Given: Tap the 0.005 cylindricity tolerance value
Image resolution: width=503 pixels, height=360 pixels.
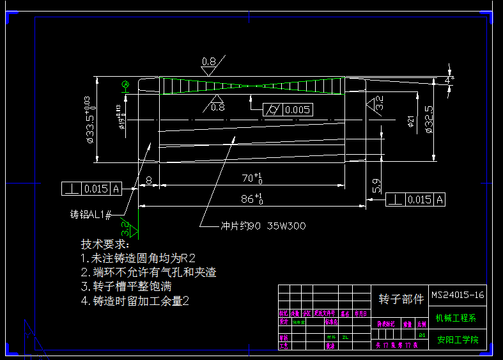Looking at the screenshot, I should coord(298,110).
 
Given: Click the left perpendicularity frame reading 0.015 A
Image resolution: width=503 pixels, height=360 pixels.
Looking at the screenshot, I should coord(92,189).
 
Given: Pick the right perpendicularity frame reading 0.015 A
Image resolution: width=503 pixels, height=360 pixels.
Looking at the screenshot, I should coord(415,200).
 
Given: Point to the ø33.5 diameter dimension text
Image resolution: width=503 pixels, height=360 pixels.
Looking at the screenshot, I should coord(89,118).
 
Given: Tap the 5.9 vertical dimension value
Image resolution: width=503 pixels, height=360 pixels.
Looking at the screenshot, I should coord(376,185).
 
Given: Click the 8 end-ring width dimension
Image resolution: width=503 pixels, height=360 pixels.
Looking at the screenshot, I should coord(149,181).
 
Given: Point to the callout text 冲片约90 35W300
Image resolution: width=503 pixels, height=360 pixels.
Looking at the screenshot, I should coord(263,226).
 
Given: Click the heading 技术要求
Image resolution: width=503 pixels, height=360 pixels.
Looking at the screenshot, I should coord(104,244).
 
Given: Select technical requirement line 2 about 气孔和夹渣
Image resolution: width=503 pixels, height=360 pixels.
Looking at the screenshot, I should coord(148,272).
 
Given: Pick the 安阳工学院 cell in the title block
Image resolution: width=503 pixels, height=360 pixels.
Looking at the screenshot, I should coord(457,340).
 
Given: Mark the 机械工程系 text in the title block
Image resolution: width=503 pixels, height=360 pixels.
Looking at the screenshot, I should coord(457,318).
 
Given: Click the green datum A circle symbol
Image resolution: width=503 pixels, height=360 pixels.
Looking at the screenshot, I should coord(125,84).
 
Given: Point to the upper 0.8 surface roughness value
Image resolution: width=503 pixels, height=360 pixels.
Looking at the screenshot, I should coord(209,61).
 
